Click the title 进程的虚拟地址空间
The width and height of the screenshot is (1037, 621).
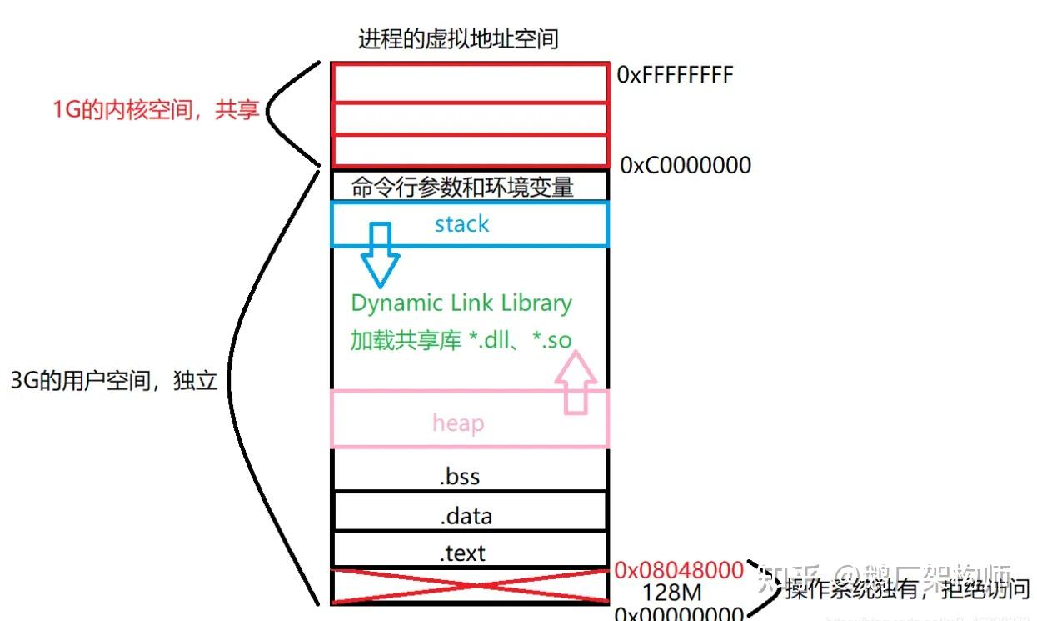[x=457, y=38]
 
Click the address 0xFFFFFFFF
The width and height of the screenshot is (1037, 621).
[x=675, y=75]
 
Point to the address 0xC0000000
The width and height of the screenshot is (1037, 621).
[x=686, y=165]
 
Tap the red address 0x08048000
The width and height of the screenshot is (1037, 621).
[x=678, y=571]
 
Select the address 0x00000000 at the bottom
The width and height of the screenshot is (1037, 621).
[x=678, y=613]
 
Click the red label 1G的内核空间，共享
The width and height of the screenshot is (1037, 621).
[x=156, y=110]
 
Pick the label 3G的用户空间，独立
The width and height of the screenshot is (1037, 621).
[x=113, y=381]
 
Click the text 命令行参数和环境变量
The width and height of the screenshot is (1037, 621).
[x=462, y=186]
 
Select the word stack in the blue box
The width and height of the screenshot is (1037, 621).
[x=461, y=224]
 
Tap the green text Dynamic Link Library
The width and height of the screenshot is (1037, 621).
[x=461, y=303]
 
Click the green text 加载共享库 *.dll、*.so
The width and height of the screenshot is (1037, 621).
[x=461, y=340]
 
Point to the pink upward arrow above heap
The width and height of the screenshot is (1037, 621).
[x=576, y=383]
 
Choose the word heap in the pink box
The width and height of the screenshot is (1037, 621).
[x=458, y=423]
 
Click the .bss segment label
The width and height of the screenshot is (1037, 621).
[x=460, y=477]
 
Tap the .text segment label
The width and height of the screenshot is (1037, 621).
[x=462, y=552]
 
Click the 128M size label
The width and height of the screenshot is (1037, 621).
[x=671, y=593]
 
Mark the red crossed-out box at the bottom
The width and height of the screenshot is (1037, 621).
[x=469, y=585]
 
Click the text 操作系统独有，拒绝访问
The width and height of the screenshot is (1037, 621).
[x=906, y=590]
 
